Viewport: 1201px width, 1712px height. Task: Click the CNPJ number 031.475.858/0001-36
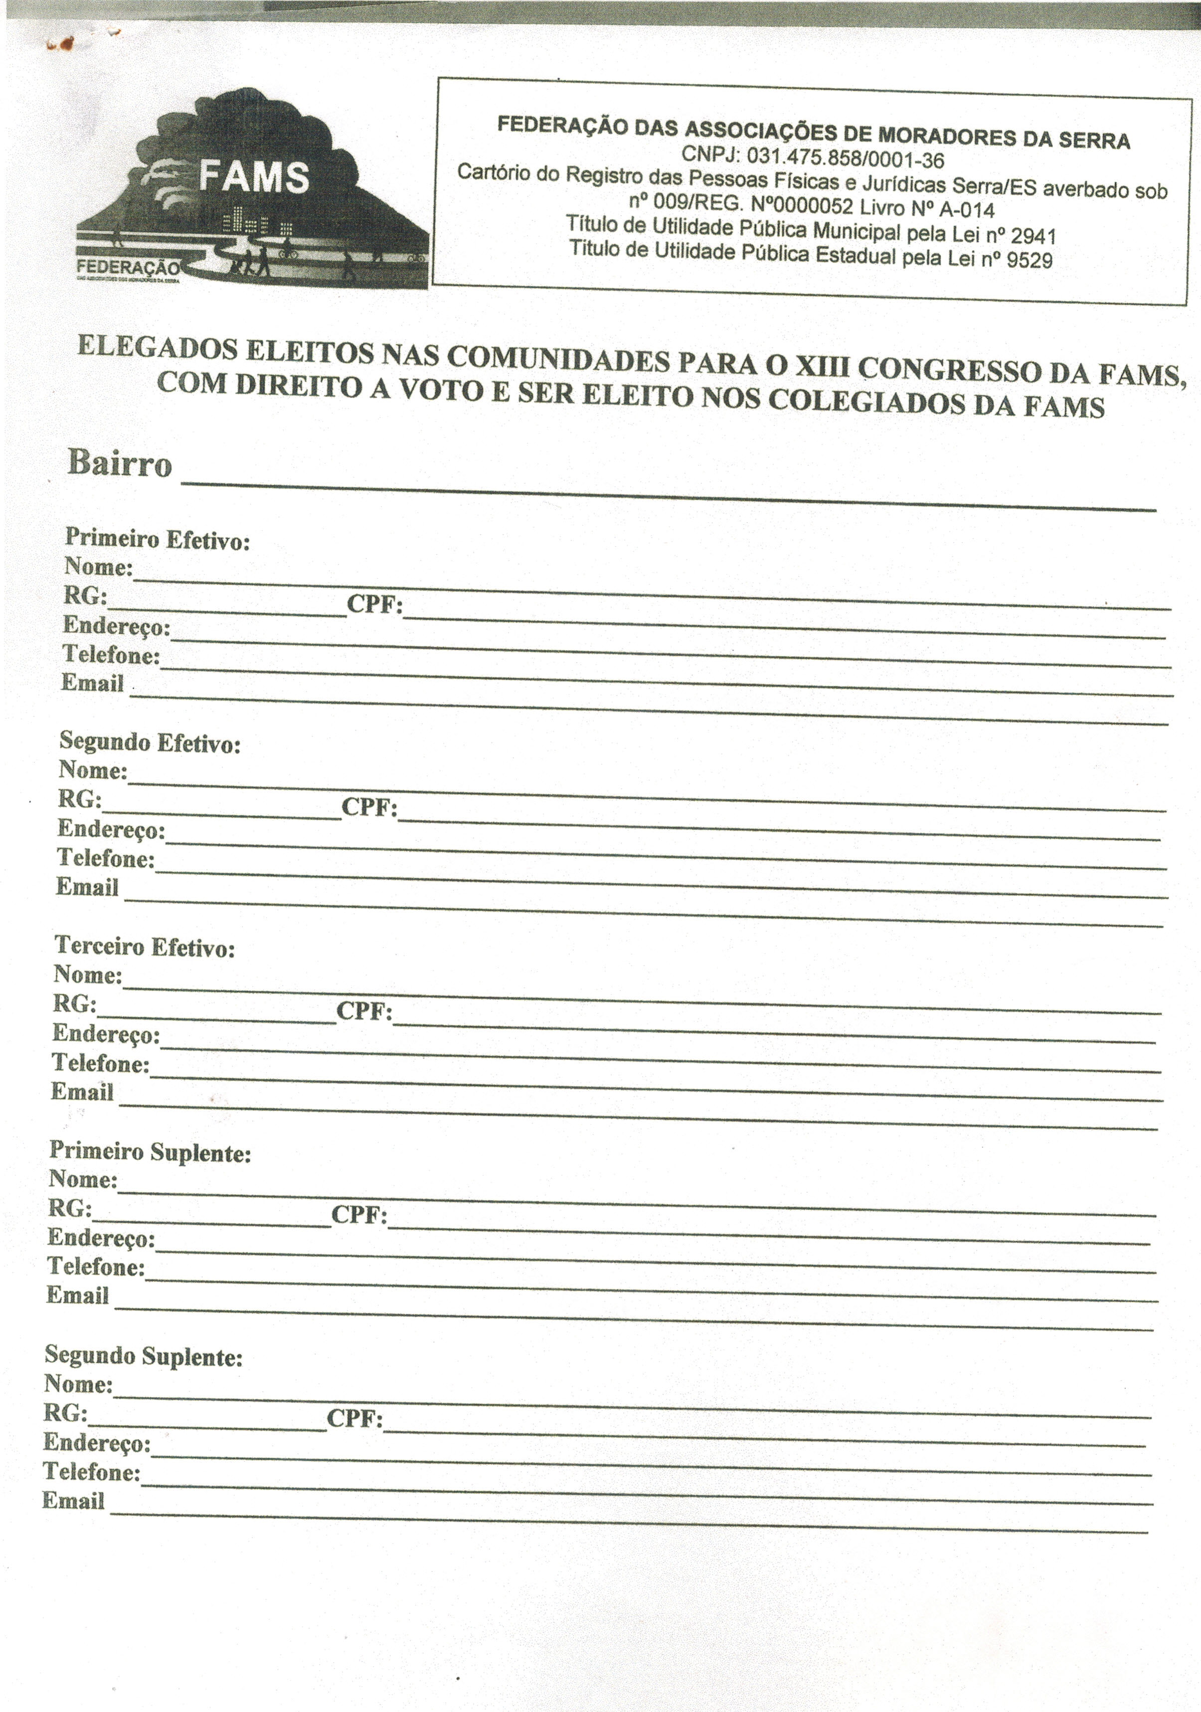pyautogui.click(x=845, y=158)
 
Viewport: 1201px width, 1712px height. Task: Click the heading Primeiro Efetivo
pyautogui.click(x=158, y=538)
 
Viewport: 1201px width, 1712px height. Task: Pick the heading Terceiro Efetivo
pyautogui.click(x=145, y=947)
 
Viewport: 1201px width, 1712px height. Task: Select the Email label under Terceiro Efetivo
pyautogui.click(x=82, y=1092)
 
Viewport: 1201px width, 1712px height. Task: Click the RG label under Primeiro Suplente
pyautogui.click(x=69, y=1207)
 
